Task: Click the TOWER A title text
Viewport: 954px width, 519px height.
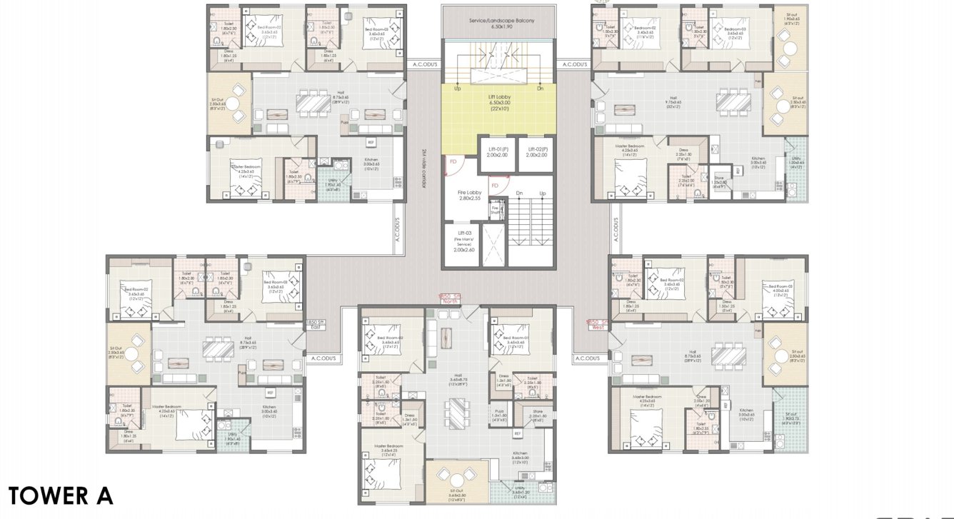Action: [61, 495]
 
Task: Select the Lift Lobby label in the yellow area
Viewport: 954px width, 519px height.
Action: [498, 102]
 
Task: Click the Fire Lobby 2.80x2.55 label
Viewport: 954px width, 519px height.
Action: [469, 196]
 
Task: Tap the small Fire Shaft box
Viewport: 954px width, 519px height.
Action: [496, 209]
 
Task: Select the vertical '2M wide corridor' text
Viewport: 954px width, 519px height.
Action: [423, 168]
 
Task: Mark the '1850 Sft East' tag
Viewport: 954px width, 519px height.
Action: [316, 326]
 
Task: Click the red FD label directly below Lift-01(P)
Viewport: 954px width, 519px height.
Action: [495, 185]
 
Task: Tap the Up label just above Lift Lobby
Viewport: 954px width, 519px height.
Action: [457, 89]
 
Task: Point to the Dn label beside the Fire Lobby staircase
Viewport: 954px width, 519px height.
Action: [519, 193]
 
